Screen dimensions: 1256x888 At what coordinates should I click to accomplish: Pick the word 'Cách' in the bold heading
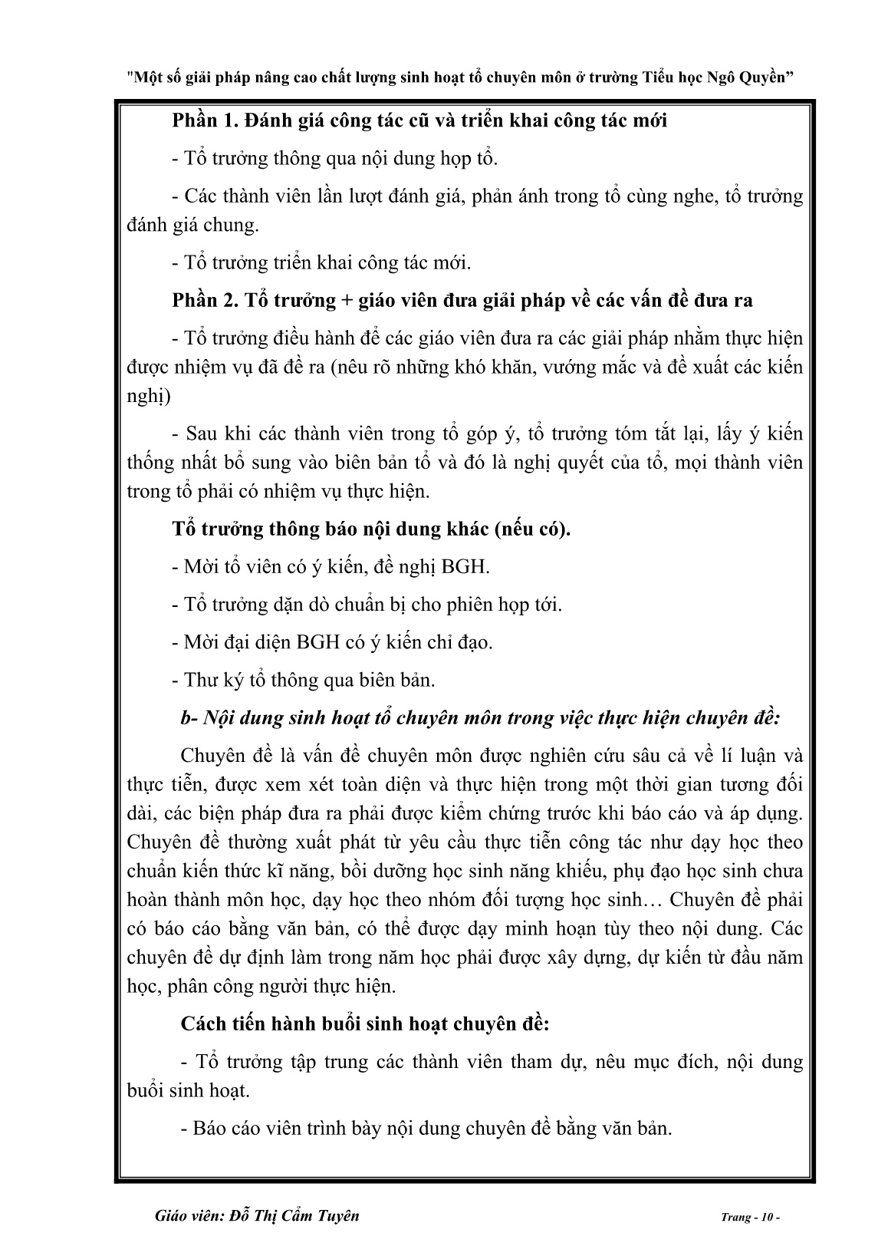click(x=202, y=1024)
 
